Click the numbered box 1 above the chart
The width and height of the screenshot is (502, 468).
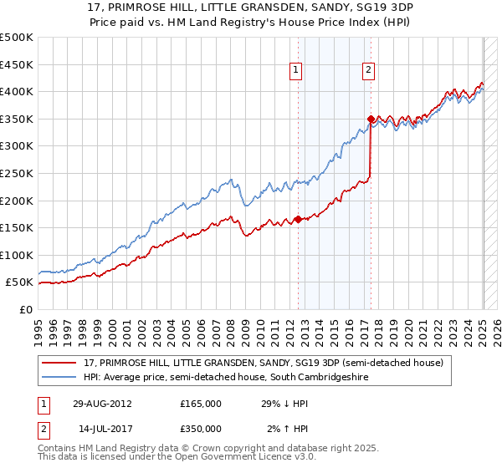(297, 70)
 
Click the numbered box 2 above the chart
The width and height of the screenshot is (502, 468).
(369, 70)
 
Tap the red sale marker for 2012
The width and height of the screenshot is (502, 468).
(299, 220)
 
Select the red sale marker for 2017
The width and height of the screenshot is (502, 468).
(371, 119)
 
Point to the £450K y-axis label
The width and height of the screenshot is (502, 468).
(17, 64)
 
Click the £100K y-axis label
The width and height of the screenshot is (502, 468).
(17, 255)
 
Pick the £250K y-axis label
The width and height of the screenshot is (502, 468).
(17, 173)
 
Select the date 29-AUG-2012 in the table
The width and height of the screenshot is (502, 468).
(102, 403)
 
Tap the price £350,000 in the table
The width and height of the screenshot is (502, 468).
(201, 429)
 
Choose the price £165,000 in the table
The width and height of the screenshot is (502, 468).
(201, 403)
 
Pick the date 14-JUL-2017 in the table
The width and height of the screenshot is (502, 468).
(102, 429)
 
